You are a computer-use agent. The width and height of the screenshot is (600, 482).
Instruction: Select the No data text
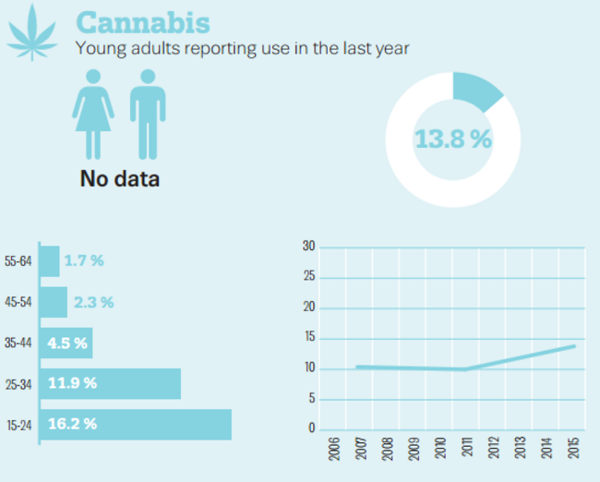(x=119, y=178)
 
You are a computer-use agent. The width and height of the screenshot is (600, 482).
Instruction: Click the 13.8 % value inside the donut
(x=452, y=139)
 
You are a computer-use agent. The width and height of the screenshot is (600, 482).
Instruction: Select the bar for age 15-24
(x=135, y=425)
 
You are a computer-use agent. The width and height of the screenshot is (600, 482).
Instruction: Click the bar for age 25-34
(x=109, y=383)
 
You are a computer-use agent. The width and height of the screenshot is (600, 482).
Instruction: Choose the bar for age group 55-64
(x=49, y=261)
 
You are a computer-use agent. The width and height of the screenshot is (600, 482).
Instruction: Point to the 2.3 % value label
(x=93, y=302)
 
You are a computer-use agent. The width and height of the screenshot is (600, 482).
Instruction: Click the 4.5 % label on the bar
(x=67, y=343)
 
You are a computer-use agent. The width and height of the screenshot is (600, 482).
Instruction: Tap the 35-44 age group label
(x=18, y=343)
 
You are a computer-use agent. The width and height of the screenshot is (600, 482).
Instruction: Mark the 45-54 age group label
(x=18, y=303)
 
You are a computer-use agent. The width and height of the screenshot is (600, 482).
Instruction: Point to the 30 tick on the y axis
(x=309, y=247)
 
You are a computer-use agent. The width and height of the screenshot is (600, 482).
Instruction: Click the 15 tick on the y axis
(x=309, y=338)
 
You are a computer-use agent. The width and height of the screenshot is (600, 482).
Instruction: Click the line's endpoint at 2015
(x=574, y=346)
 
